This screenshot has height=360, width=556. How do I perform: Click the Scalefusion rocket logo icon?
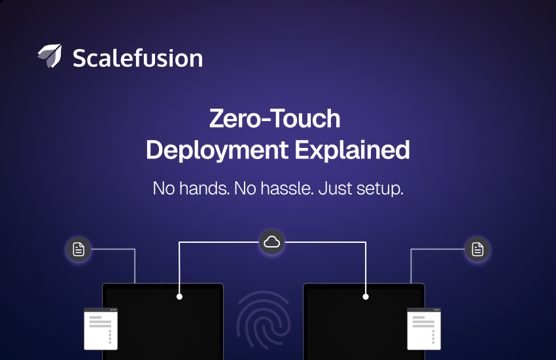click(x=50, y=56)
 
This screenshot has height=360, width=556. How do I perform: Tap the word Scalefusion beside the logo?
click(x=137, y=58)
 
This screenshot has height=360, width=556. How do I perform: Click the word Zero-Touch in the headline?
click(x=275, y=118)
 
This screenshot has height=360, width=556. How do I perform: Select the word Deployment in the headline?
click(x=217, y=151)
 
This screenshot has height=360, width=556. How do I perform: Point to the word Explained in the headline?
click(x=353, y=150)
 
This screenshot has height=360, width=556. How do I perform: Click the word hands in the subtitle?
click(x=204, y=188)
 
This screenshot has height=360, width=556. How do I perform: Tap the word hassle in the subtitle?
click(x=287, y=188)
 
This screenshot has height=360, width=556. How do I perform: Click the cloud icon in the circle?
click(x=271, y=242)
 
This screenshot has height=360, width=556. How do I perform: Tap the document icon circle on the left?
click(x=78, y=249)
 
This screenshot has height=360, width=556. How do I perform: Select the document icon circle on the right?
click(x=478, y=249)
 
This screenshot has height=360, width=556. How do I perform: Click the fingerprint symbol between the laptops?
click(x=264, y=320)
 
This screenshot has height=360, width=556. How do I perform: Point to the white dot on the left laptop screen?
click(x=179, y=297)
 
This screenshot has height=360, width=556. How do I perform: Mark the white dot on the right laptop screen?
click(x=366, y=297)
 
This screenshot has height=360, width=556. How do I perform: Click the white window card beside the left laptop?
click(x=101, y=329)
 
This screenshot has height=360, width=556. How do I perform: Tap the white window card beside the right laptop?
click(x=424, y=329)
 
